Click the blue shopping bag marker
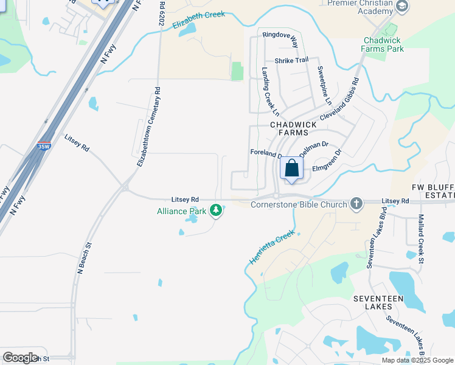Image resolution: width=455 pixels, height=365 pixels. [x=292, y=169]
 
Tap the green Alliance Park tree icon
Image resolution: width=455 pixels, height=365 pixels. [x=215, y=210]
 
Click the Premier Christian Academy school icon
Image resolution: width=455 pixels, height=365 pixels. [x=401, y=6]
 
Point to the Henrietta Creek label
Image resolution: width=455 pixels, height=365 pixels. [x=271, y=247]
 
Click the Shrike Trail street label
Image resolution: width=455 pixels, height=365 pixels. [x=291, y=60]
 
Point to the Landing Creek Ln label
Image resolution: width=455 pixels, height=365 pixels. [x=270, y=91]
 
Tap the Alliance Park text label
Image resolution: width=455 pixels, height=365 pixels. [x=182, y=211]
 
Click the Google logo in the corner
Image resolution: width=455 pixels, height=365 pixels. [x=20, y=358]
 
